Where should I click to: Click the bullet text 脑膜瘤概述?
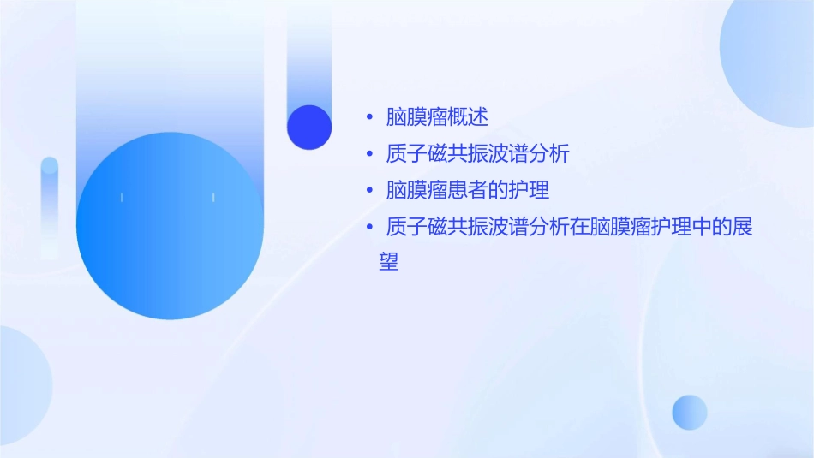click(437, 116)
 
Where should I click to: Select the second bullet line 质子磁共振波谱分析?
click(478, 154)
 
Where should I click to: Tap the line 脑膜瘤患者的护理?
click(468, 190)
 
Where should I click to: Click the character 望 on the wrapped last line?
click(389, 262)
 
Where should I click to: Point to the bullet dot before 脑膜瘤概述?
click(369, 117)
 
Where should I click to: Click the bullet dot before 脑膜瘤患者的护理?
click(369, 191)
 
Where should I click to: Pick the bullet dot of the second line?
click(369, 155)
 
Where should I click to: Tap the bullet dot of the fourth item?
click(369, 228)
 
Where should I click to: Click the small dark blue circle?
click(309, 127)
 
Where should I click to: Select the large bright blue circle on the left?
click(170, 226)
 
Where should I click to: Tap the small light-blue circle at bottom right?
click(690, 412)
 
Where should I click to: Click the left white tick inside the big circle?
click(122, 198)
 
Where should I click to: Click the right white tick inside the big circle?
click(212, 198)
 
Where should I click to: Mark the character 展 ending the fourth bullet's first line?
click(742, 228)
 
